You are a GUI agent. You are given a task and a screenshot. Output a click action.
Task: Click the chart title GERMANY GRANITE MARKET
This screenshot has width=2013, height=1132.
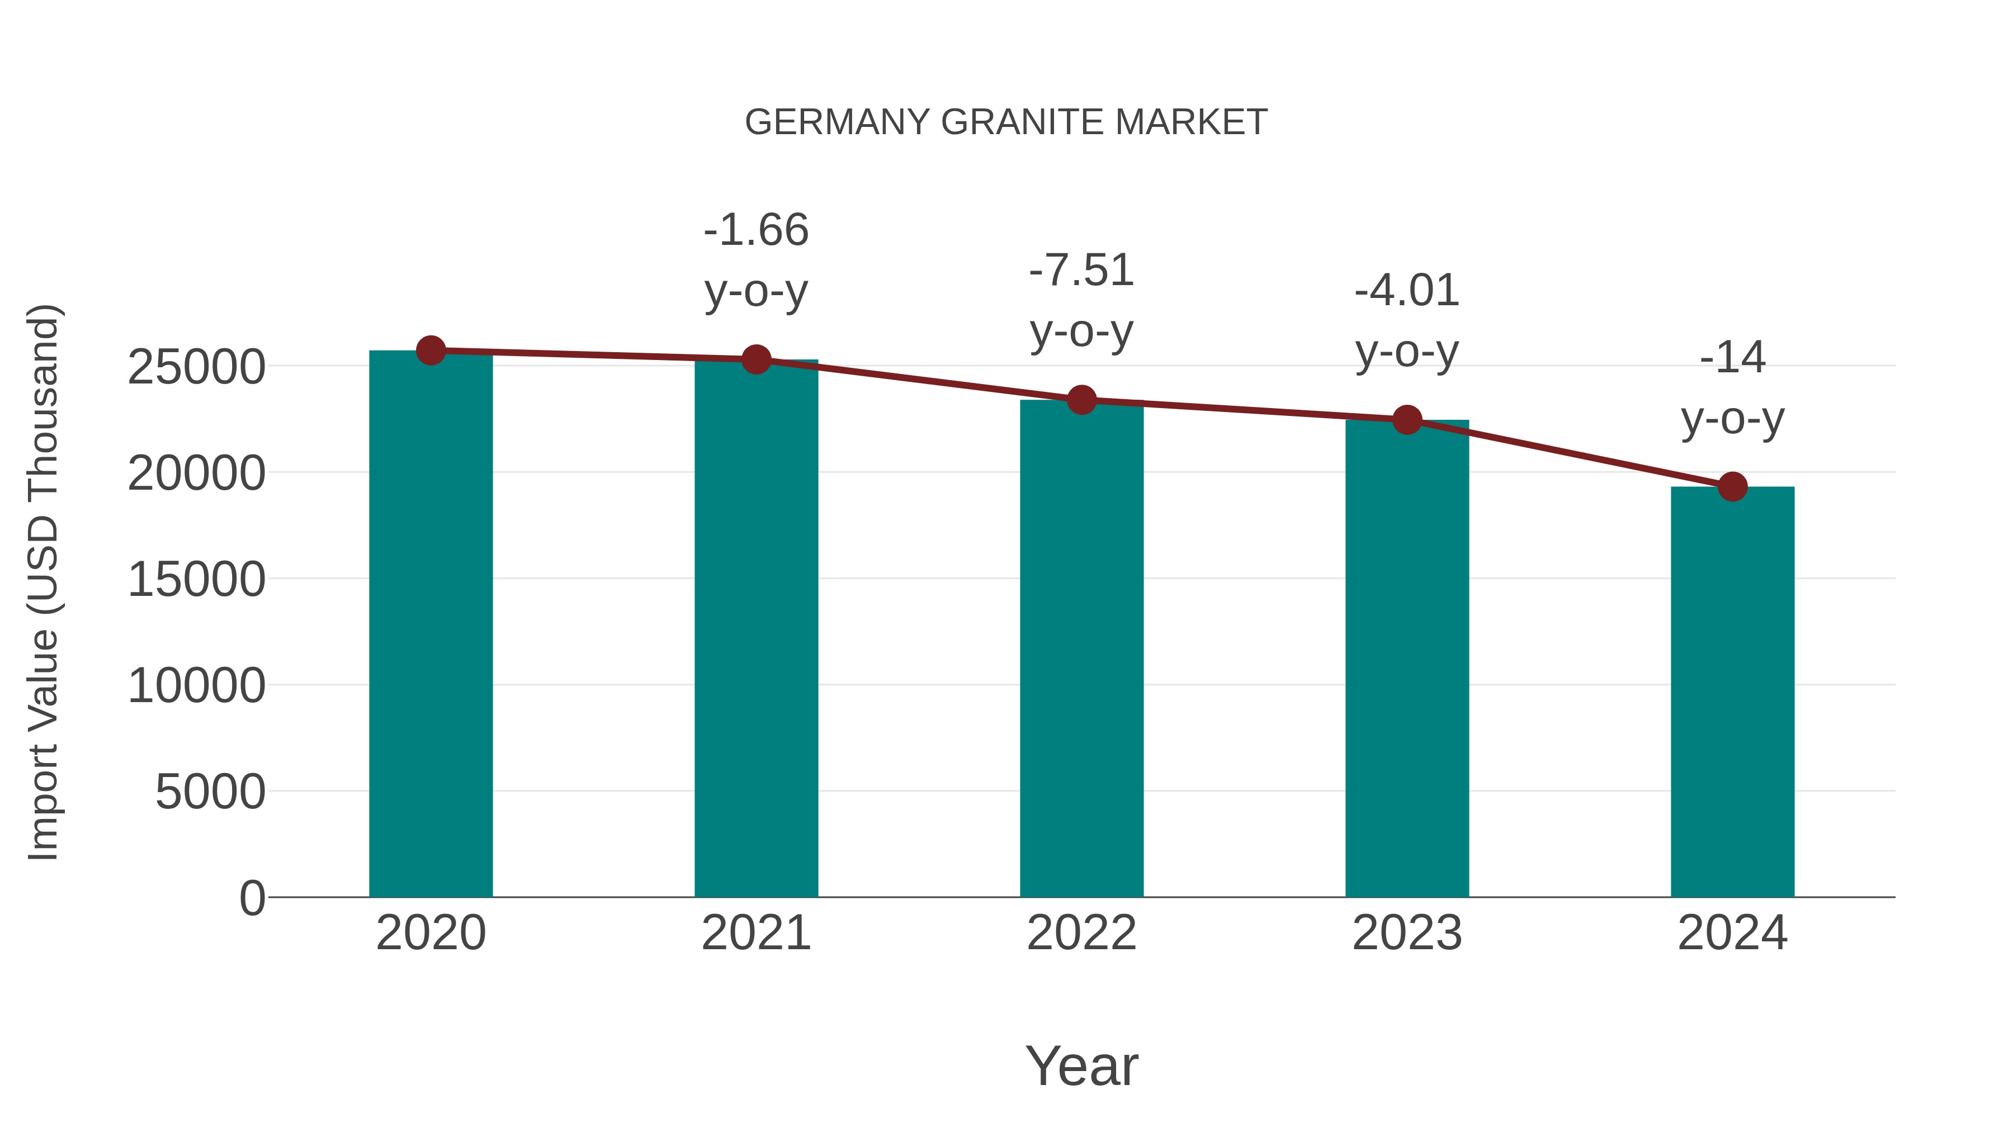tap(1006, 122)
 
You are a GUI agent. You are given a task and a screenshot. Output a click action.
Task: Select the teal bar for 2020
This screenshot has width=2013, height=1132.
tap(431, 625)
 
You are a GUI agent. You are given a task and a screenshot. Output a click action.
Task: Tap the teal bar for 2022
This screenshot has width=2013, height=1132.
tap(1081, 648)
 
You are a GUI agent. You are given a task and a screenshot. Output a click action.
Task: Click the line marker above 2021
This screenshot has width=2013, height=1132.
tap(755, 359)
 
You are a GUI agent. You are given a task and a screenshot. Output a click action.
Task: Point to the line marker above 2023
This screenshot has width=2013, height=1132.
tap(1407, 420)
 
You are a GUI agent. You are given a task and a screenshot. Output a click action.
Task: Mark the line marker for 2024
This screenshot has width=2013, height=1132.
tap(1732, 487)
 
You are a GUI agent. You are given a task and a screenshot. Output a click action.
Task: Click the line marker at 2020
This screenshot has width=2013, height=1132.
tap(431, 351)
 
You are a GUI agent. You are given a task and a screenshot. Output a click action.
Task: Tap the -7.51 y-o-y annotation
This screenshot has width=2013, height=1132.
tap(1081, 301)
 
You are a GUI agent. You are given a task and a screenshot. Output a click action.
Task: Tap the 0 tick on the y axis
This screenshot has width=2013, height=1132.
tap(252, 898)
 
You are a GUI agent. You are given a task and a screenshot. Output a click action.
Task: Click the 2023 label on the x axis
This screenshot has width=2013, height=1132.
tap(1407, 933)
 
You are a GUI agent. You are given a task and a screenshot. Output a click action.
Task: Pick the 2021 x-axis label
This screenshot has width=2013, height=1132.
tap(755, 933)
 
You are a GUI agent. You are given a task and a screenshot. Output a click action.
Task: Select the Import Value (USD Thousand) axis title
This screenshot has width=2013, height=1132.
tap(43, 582)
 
